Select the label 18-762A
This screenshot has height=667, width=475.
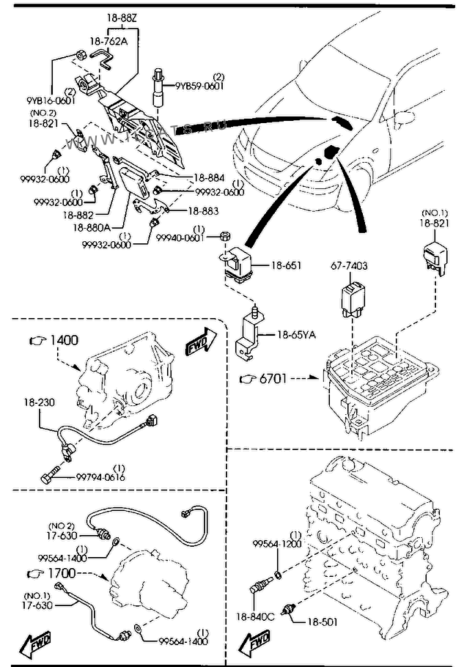click(x=108, y=42)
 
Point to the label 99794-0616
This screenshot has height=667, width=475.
click(x=100, y=476)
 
